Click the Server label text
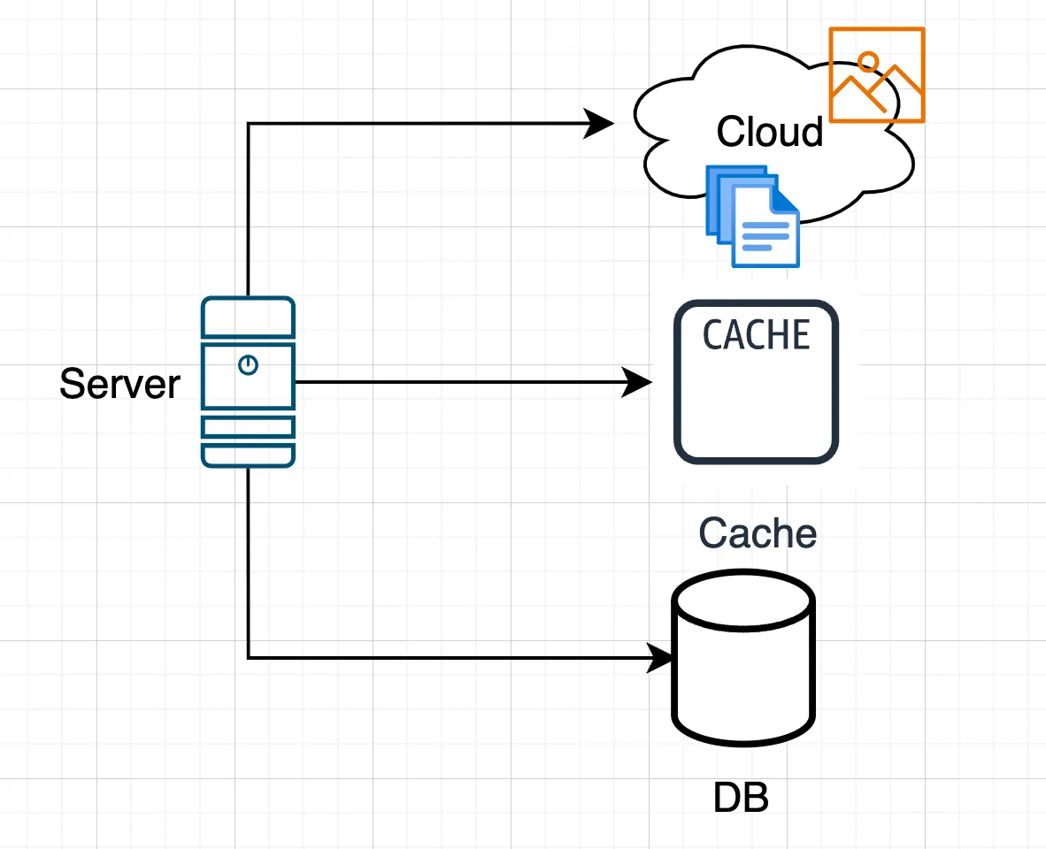pos(119,384)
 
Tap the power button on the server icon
pos(249,364)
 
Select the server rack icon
pos(248,382)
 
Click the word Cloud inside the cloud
pos(770,132)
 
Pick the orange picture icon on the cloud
pos(876,74)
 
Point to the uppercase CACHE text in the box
pos(757,335)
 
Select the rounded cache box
pos(757,398)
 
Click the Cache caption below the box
pos(758,533)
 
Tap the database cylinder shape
pos(742,672)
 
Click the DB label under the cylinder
pos(741,799)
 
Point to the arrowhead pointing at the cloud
pos(600,123)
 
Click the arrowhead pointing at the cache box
pos(638,382)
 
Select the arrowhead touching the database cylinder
pos(662,657)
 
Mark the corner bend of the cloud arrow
pos(249,124)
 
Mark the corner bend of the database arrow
pos(249,657)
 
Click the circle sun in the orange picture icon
pos(868,61)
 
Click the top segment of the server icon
pos(248,317)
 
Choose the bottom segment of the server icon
pos(248,455)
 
